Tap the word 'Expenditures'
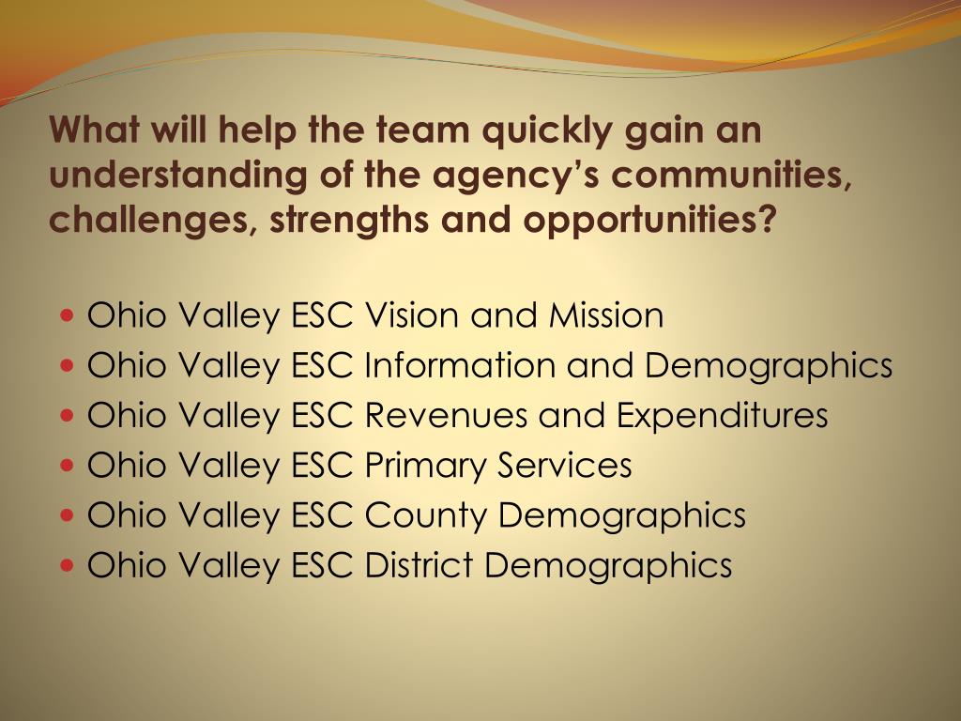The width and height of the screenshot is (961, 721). click(x=722, y=415)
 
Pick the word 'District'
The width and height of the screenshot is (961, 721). click(x=419, y=565)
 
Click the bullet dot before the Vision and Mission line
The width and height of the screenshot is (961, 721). click(x=68, y=316)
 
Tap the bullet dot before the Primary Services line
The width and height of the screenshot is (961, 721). click(x=68, y=466)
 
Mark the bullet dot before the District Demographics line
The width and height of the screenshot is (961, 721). click(x=68, y=566)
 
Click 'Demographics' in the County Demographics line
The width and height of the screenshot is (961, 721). click(x=622, y=515)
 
